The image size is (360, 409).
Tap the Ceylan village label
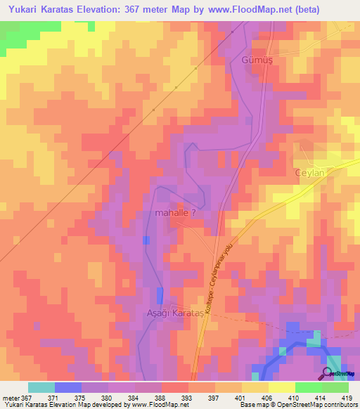[x=311, y=173]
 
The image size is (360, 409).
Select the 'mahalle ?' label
[x=180, y=212]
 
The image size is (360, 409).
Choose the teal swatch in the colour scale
[x=41, y=387]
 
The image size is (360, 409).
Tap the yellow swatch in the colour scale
[x=281, y=387]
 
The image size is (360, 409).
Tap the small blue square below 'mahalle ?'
[x=146, y=240]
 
